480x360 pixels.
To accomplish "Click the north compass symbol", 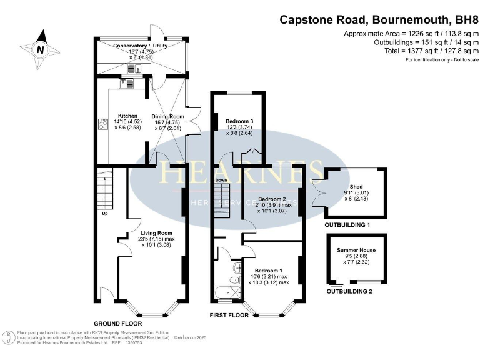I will pyautogui.click(x=41, y=48).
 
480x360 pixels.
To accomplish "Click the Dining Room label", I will pyautogui.click(x=167, y=116).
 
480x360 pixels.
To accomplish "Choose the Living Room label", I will pyautogui.click(x=156, y=233).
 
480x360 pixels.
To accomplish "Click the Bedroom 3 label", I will pyautogui.click(x=239, y=121).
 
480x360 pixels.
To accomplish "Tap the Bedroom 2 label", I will pyautogui.click(x=272, y=199).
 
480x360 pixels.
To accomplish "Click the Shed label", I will pyautogui.click(x=356, y=186).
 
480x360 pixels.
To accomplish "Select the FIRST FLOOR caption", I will pyautogui.click(x=229, y=315).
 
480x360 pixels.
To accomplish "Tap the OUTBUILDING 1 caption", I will pyautogui.click(x=347, y=224).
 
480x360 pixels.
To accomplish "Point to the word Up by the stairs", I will pyautogui.click(x=105, y=214).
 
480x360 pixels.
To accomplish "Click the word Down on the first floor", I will pyautogui.click(x=221, y=180).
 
